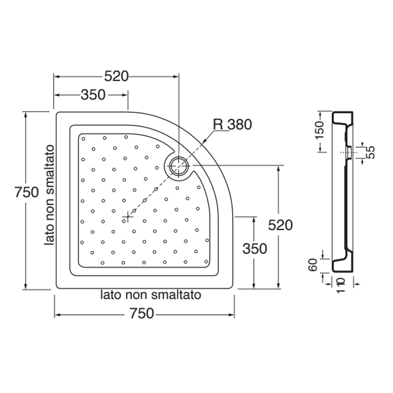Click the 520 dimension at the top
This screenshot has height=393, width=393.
click(116, 76)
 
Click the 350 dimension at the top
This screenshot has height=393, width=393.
click(93, 94)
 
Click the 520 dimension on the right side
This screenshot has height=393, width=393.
click(280, 225)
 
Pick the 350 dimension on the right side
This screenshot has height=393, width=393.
click(254, 249)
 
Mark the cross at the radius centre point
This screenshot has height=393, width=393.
click(127, 217)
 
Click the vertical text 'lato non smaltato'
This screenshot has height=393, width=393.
click(50, 196)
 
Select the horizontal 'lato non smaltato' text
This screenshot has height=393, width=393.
click(151, 295)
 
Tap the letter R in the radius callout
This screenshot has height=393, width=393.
click(218, 124)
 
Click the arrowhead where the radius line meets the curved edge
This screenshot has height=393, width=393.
click(204, 143)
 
